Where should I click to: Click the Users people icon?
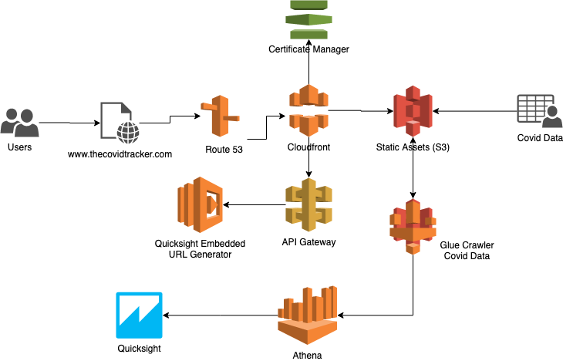click(20, 123)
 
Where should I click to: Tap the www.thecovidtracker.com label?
click(120, 154)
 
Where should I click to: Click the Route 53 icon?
click(221, 116)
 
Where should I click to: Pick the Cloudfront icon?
click(308, 111)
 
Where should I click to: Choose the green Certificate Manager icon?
click(308, 20)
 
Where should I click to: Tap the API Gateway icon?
click(308, 205)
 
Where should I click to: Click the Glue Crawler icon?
click(413, 225)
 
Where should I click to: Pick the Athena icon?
click(308, 315)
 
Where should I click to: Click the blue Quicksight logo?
click(139, 315)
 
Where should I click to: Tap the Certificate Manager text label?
click(308, 49)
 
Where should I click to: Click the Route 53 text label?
click(224, 150)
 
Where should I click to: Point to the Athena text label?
click(308, 356)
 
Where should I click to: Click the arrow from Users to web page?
click(69, 123)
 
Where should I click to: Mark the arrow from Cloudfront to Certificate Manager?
click(308, 66)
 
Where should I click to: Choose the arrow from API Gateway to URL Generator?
click(255, 204)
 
